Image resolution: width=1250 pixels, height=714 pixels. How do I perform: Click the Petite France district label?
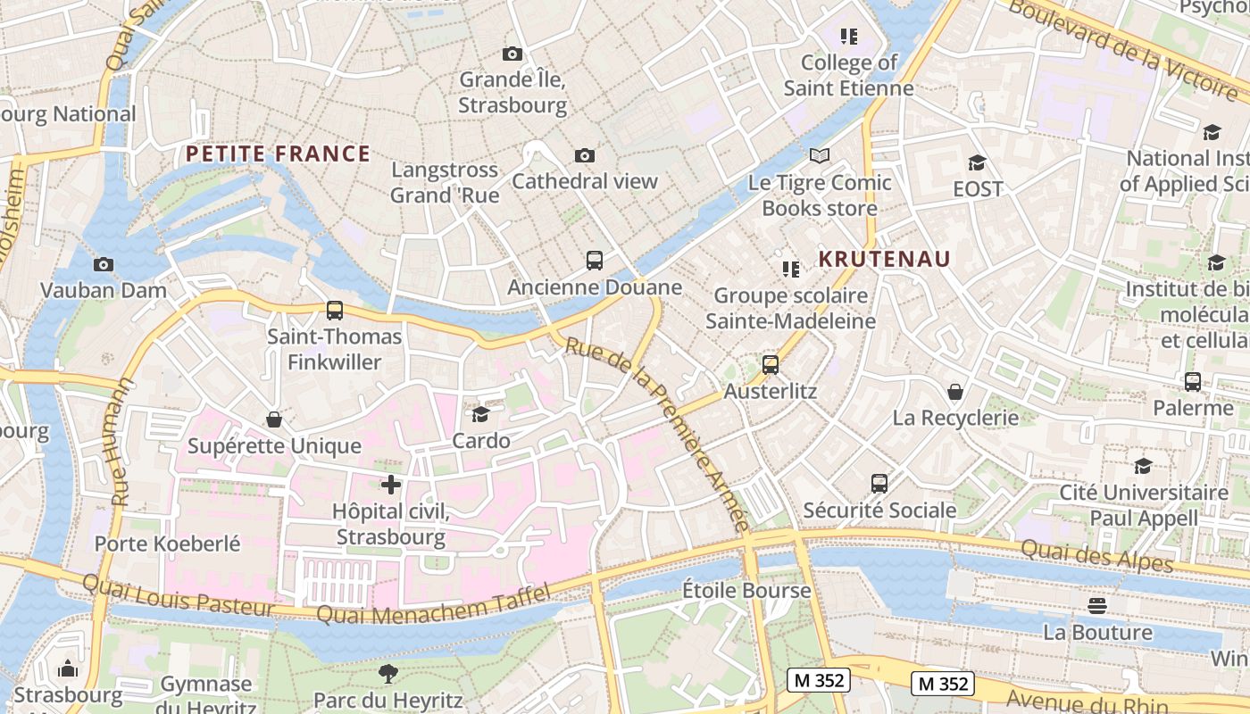pyautogui.click(x=278, y=154)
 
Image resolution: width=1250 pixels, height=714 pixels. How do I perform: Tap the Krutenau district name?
pyautogui.click(x=885, y=259)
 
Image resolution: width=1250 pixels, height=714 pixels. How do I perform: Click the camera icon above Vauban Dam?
pyautogui.click(x=104, y=264)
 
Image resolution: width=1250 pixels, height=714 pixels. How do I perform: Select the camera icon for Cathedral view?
pyautogui.click(x=585, y=156)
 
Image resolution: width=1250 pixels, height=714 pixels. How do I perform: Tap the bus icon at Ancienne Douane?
pyautogui.click(x=595, y=261)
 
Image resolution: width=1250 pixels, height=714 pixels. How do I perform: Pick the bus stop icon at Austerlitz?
pyautogui.click(x=771, y=365)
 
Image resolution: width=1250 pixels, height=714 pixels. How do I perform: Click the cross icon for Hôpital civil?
pyautogui.click(x=391, y=485)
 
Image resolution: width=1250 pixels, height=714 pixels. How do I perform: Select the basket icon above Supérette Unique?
pyautogui.click(x=274, y=419)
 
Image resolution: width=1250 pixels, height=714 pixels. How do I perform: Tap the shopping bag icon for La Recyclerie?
pyautogui.click(x=955, y=392)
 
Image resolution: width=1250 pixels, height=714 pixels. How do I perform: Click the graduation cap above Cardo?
pyautogui.click(x=481, y=414)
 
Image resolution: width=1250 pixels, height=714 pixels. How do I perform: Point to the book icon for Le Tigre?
pyautogui.click(x=820, y=156)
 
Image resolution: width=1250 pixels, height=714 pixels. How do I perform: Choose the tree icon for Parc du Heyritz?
pyautogui.click(x=387, y=674)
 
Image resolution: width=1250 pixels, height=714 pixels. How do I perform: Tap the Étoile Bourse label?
pyautogui.click(x=746, y=590)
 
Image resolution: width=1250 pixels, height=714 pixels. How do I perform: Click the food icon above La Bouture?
pyautogui.click(x=1097, y=606)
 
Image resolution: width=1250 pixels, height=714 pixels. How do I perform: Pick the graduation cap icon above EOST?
pyautogui.click(x=977, y=162)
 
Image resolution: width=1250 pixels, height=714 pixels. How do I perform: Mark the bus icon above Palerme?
pyautogui.click(x=1192, y=382)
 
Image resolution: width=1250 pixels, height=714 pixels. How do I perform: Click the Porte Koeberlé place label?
pyautogui.click(x=168, y=544)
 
